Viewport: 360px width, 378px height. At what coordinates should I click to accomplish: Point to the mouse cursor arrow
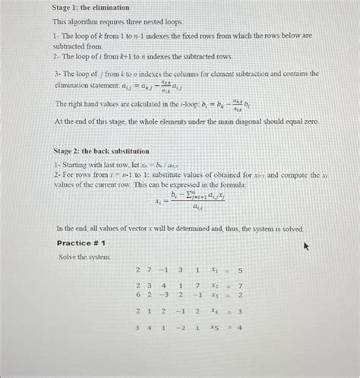(x=307, y=246)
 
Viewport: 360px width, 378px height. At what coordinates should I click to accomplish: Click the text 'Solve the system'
(x=84, y=257)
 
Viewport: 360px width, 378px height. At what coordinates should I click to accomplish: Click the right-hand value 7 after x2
(x=240, y=286)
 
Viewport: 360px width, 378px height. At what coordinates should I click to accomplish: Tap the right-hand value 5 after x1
(x=240, y=270)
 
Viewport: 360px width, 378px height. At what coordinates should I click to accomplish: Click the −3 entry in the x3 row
(x=163, y=295)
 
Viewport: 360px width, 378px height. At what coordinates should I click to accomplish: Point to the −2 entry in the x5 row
(x=180, y=328)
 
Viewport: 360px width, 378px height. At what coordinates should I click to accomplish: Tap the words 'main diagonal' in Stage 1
(x=241, y=121)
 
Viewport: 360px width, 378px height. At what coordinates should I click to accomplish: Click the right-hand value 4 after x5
(x=240, y=328)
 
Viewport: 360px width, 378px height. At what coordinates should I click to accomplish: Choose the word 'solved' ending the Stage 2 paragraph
(x=290, y=228)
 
